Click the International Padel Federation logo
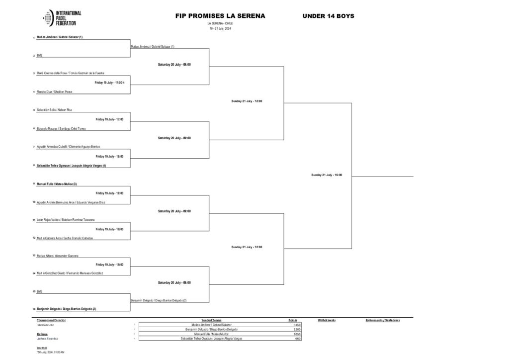pyautogui.click(x=63, y=18)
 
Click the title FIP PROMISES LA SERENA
pyautogui.click(x=220, y=16)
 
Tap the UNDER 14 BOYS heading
pyautogui.click(x=328, y=16)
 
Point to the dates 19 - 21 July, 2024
pyautogui.click(x=220, y=28)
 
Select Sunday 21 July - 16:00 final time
pyautogui.click(x=327, y=175)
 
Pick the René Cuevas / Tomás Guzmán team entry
pyautogui.click(x=71, y=73)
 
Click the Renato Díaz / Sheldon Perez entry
pyautogui.click(x=55, y=91)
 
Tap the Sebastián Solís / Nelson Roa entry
pyautogui.click(x=55, y=110)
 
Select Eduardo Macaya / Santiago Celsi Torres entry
pyautogui.click(x=61, y=128)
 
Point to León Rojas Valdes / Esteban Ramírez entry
pyautogui.click(x=66, y=220)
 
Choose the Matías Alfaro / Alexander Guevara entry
pyautogui.click(x=58, y=256)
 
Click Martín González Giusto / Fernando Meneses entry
pyautogui.click(x=70, y=274)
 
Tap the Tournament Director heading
pyautogui.click(x=51, y=320)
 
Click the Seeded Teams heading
pyautogui.click(x=213, y=320)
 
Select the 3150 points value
pyautogui.click(x=298, y=325)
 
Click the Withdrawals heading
pyautogui.click(x=327, y=320)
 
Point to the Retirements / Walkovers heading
pyautogui.click(x=383, y=320)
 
